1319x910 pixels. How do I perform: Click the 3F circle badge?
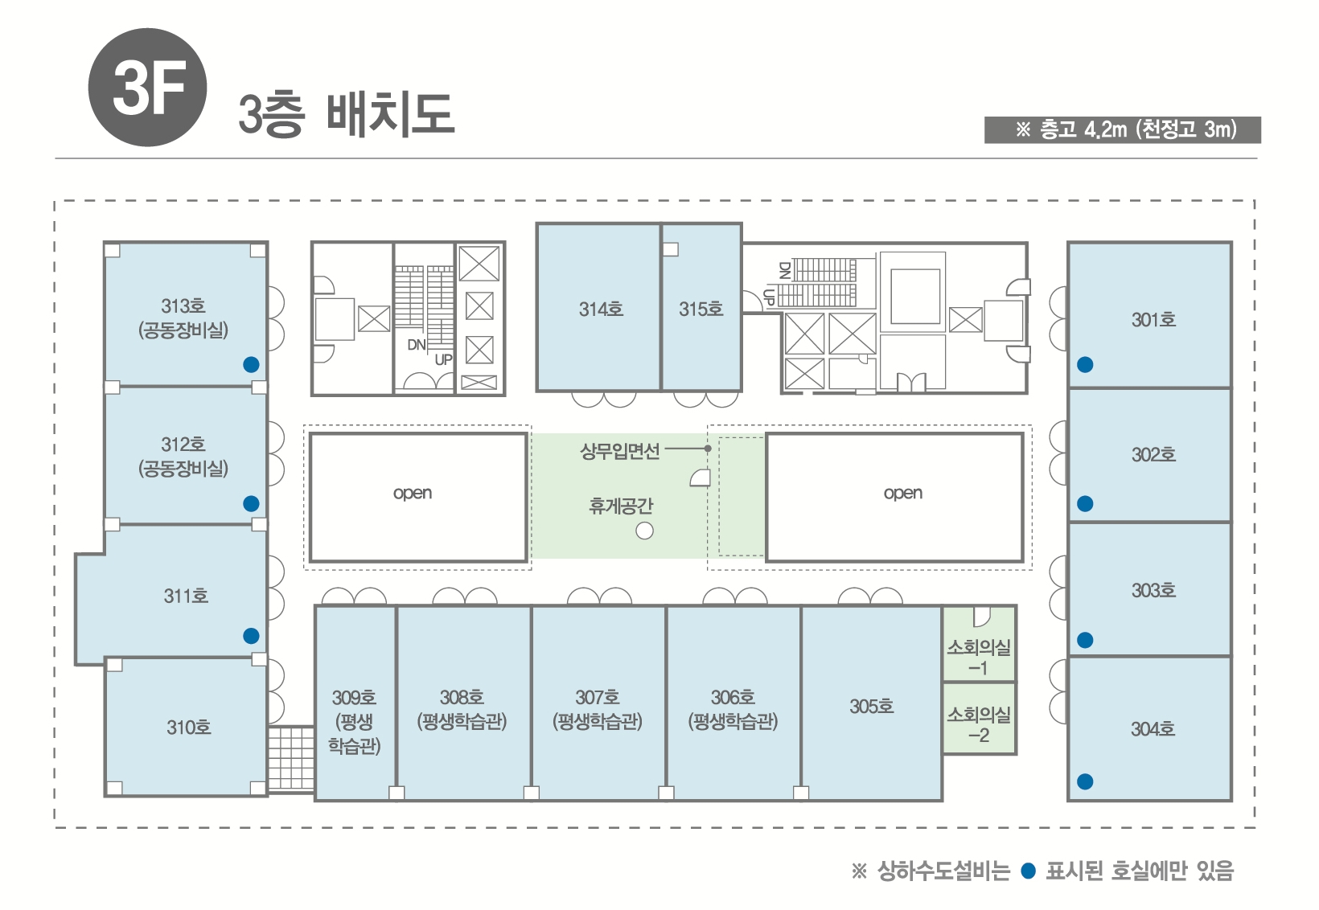click(x=147, y=87)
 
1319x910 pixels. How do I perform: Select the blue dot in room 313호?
click(x=251, y=365)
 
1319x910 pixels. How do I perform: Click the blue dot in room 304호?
click(x=1085, y=781)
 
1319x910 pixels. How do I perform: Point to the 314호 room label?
click(x=601, y=309)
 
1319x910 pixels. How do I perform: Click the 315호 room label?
click(x=701, y=309)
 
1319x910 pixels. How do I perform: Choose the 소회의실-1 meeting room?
click(x=980, y=644)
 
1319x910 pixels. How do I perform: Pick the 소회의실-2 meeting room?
click(x=980, y=718)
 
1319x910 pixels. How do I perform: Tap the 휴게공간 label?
click(x=621, y=506)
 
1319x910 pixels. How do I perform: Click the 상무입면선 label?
click(x=620, y=451)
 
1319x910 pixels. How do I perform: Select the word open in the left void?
click(x=412, y=494)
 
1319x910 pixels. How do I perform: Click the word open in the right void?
click(x=902, y=494)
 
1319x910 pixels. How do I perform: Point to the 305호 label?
click(x=872, y=707)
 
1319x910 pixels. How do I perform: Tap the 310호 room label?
click(x=188, y=728)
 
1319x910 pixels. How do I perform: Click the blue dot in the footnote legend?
click(x=1028, y=871)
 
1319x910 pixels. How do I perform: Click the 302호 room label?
click(x=1153, y=454)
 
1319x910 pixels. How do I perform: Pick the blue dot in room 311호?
click(x=251, y=636)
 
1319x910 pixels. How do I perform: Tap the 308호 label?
click(x=462, y=698)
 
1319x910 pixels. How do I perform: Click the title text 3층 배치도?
click(x=346, y=116)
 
